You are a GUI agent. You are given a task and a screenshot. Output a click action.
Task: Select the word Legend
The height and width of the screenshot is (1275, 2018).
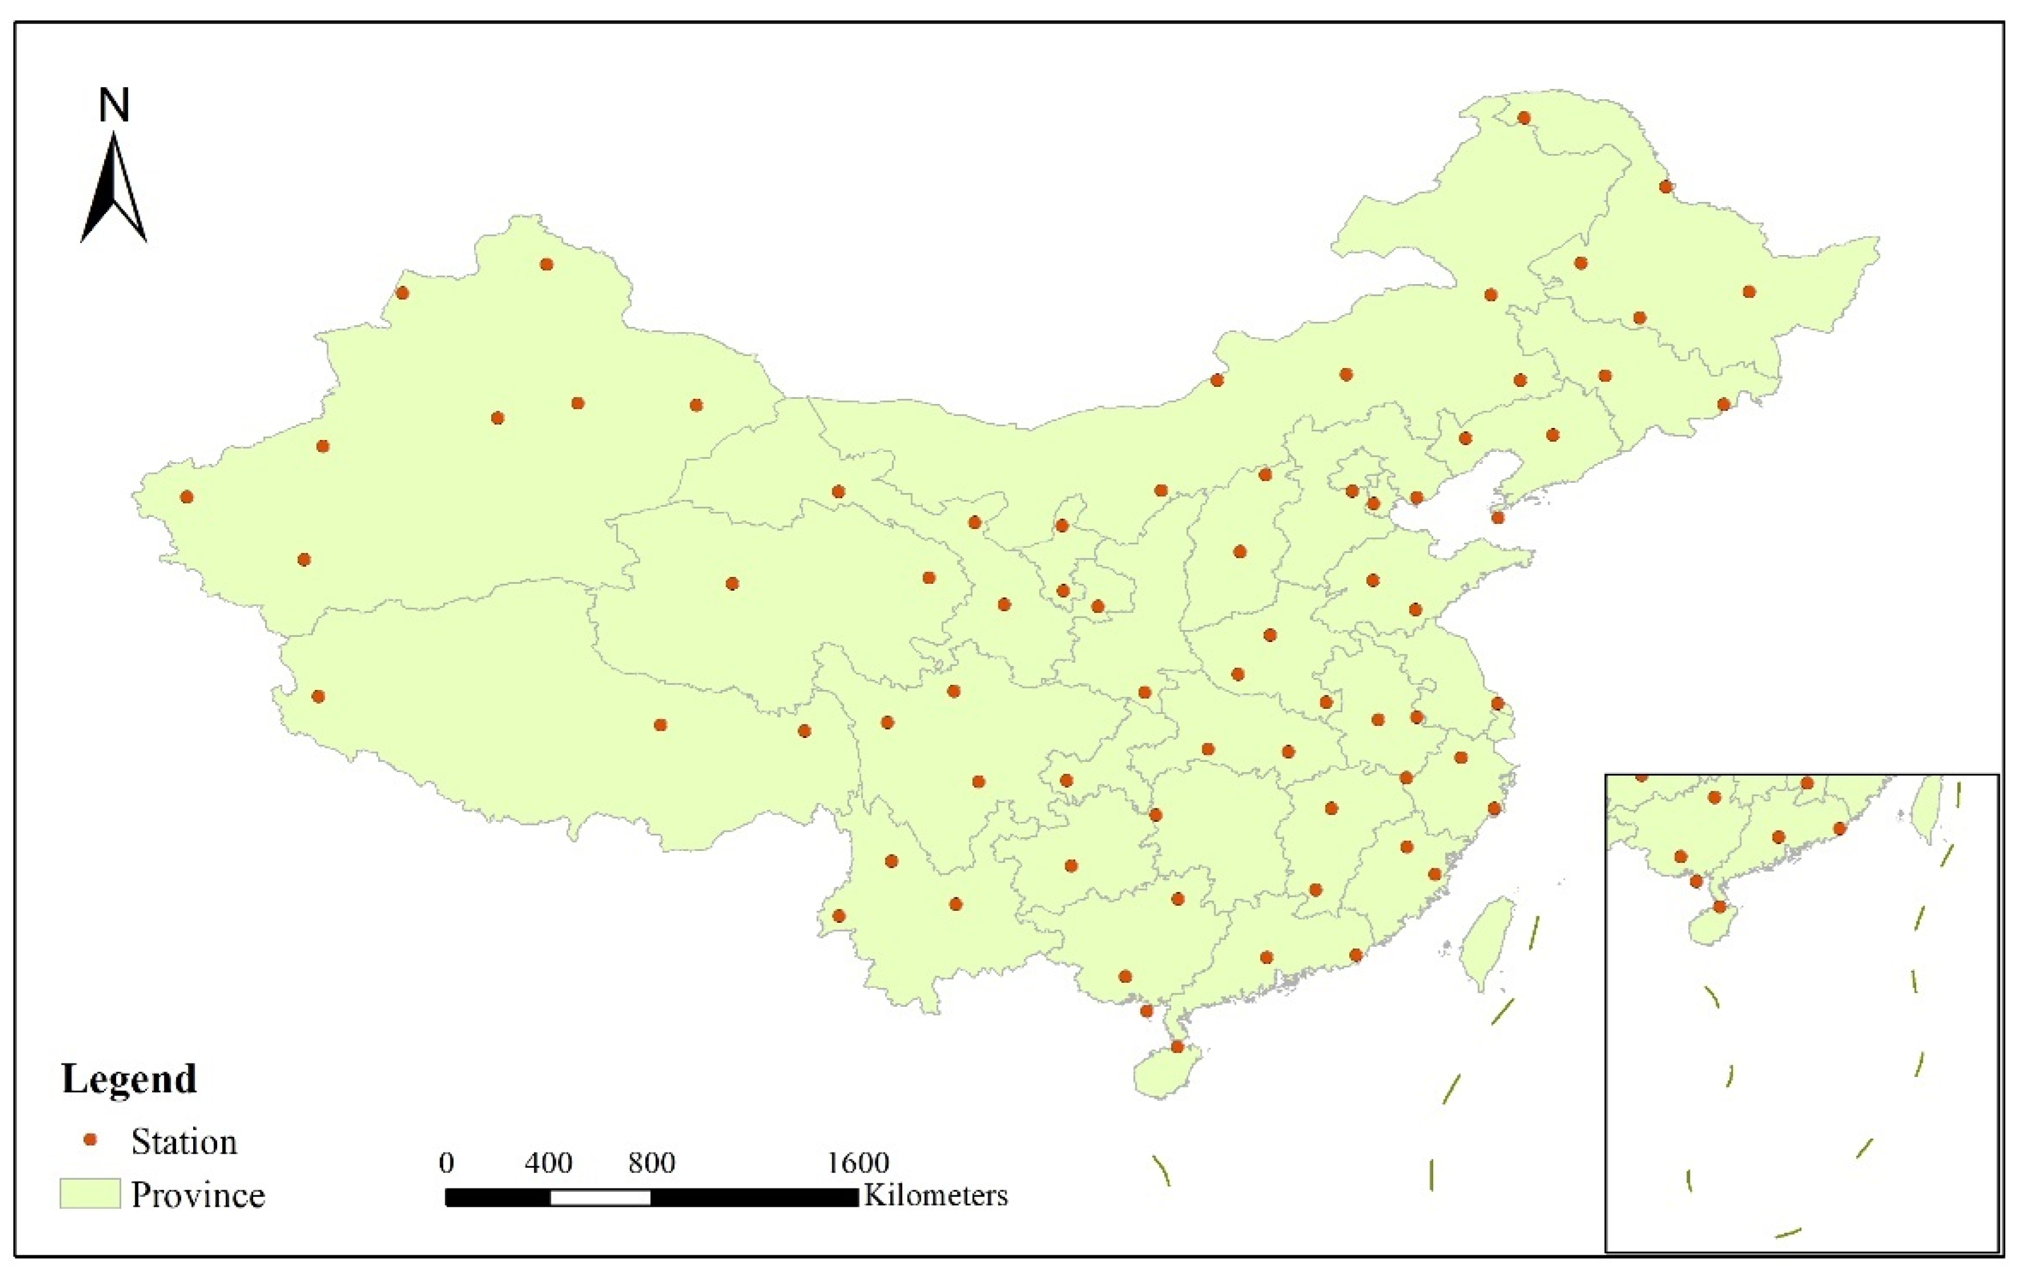click(129, 1079)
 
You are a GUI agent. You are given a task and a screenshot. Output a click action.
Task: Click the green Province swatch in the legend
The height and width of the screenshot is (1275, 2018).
click(90, 1194)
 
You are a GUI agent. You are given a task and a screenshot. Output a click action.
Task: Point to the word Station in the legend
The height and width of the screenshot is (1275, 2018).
click(184, 1142)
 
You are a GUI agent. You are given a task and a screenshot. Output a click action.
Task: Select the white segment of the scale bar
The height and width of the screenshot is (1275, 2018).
click(600, 1198)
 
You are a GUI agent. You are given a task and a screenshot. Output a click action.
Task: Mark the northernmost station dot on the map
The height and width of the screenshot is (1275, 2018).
click(1524, 118)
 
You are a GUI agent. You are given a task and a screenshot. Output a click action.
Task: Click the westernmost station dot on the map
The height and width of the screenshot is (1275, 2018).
click(187, 497)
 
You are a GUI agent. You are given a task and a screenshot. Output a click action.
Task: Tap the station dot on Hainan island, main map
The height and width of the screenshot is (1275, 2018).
click(1176, 1047)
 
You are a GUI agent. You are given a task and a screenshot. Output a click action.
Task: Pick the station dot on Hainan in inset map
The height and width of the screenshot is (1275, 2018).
click(1720, 906)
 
